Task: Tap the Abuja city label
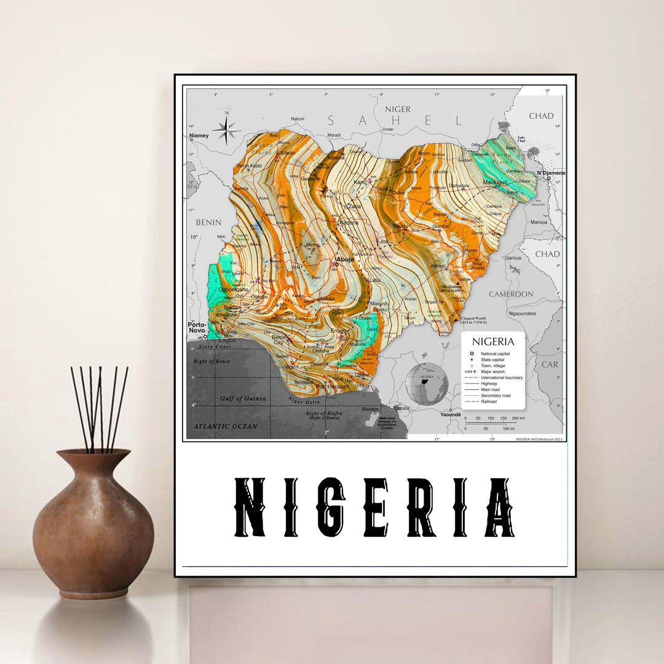(x=345, y=259)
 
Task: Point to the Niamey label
(x=199, y=135)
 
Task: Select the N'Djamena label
(x=550, y=173)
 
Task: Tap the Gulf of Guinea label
(x=243, y=398)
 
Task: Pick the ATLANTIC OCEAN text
(x=226, y=426)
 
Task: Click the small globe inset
(x=427, y=384)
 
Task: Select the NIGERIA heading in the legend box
(x=493, y=341)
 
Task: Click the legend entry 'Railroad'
(x=489, y=401)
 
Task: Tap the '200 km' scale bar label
(x=518, y=418)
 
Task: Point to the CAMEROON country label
(x=511, y=294)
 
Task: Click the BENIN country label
(x=208, y=221)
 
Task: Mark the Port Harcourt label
(x=332, y=387)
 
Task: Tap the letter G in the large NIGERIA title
(x=331, y=507)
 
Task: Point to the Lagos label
(x=227, y=339)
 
